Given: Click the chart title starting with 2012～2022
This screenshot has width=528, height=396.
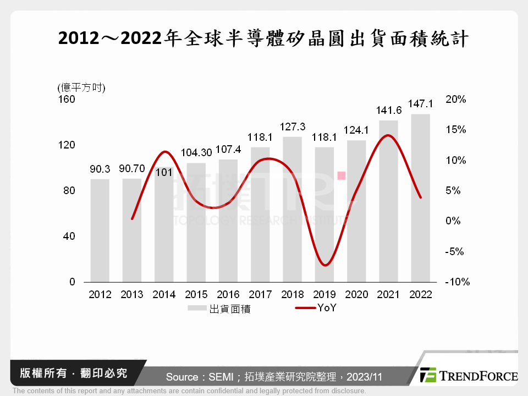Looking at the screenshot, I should tap(263, 39).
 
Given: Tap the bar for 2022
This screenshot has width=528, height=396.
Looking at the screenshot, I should tap(421, 198).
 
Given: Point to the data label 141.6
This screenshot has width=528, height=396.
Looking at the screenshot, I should tap(389, 111).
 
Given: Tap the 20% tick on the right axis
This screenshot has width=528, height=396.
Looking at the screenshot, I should tap(456, 100).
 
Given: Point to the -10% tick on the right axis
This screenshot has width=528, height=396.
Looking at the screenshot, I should tap(457, 282).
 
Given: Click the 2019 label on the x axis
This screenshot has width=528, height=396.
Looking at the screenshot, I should tap(324, 295).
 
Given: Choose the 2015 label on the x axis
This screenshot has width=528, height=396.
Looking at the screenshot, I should tap(196, 295).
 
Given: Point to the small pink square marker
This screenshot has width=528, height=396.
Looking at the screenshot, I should tap(342, 175).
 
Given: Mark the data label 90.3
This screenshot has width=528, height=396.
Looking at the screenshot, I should tap(100, 169).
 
